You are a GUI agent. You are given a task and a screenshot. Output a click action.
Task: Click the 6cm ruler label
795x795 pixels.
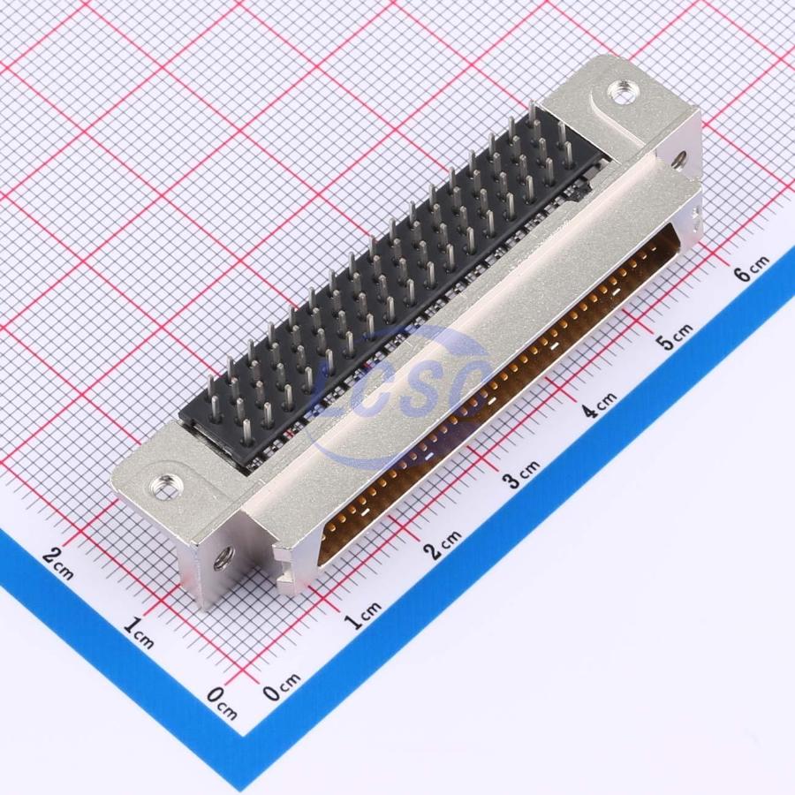pos(752,268)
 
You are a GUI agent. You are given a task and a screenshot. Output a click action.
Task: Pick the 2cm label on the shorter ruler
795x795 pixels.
pos(57,563)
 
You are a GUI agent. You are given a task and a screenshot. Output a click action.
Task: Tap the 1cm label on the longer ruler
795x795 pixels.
pos(364,615)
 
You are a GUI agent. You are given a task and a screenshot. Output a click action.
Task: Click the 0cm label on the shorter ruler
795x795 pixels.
pos(222,703)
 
